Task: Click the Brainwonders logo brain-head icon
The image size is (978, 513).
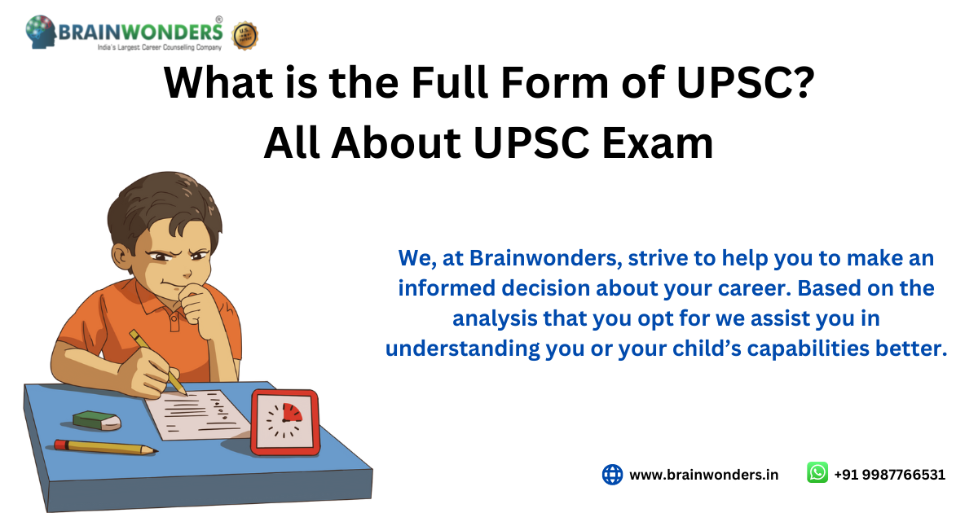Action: pyautogui.click(x=41, y=32)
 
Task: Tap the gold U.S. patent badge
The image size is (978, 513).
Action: pyautogui.click(x=245, y=35)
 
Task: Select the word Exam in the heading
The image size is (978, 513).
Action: pyautogui.click(x=658, y=143)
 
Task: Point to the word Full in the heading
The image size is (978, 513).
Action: pyautogui.click(x=450, y=82)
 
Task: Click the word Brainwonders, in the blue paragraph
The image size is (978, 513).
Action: pyautogui.click(x=546, y=258)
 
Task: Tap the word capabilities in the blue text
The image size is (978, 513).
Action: pyautogui.click(x=808, y=349)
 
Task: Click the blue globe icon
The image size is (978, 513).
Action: pyautogui.click(x=612, y=474)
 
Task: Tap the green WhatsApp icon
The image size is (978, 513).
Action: pyautogui.click(x=817, y=472)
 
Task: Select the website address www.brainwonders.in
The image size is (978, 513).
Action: pyautogui.click(x=704, y=475)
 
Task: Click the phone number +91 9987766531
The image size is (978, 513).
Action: pyautogui.click(x=889, y=475)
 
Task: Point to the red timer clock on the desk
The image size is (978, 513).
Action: pyautogui.click(x=285, y=423)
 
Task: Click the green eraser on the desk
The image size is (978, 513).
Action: pyautogui.click(x=97, y=420)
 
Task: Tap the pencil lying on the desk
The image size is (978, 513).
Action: pyautogui.click(x=106, y=447)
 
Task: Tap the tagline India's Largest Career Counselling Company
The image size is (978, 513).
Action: pyautogui.click(x=160, y=47)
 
